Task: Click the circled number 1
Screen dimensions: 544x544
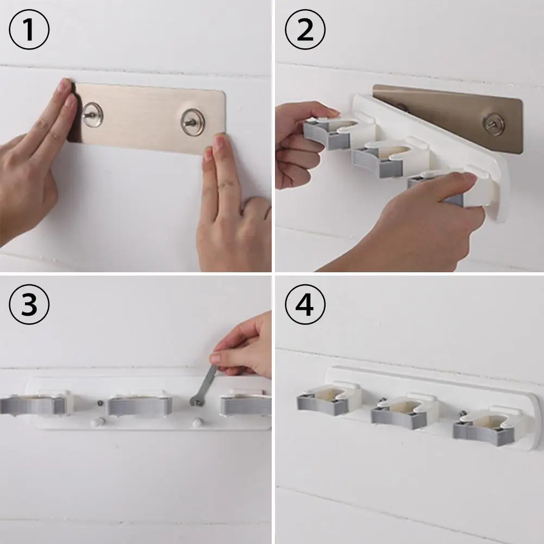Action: click(x=29, y=29)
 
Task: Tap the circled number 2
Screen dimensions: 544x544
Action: click(x=305, y=29)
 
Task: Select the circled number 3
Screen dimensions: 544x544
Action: click(x=29, y=304)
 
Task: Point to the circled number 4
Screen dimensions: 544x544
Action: click(x=305, y=304)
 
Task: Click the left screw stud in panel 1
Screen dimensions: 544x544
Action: click(x=92, y=115)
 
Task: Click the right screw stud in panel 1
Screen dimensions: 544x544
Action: click(x=192, y=122)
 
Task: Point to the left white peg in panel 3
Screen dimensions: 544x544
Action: click(x=97, y=422)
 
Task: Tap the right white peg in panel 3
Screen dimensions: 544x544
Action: click(x=197, y=423)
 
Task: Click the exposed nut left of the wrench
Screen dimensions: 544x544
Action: click(x=100, y=403)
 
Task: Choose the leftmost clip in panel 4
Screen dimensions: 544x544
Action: click(x=328, y=399)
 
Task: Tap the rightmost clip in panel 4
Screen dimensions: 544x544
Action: click(x=487, y=426)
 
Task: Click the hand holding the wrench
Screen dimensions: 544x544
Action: click(x=243, y=347)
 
